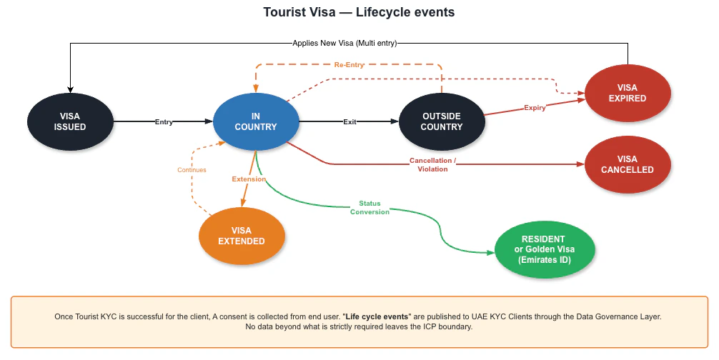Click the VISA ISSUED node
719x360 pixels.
coord(70,121)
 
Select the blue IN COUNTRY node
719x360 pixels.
coord(256,121)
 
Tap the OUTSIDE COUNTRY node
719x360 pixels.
coord(442,121)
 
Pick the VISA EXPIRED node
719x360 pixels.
coord(628,93)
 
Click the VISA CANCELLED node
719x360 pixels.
coord(628,164)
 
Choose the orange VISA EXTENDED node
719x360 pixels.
coord(242,236)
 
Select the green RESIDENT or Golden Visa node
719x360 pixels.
coord(544,249)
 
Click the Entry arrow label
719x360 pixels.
coord(164,122)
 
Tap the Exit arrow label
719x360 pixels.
coord(349,122)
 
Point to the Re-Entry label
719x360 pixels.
coord(349,65)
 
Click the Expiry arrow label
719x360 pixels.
coord(535,108)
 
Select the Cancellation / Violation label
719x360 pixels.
coord(432,165)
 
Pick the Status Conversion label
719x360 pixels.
coord(370,208)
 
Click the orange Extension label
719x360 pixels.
coord(249,179)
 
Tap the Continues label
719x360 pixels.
coord(192,170)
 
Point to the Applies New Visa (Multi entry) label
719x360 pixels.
coord(344,43)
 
